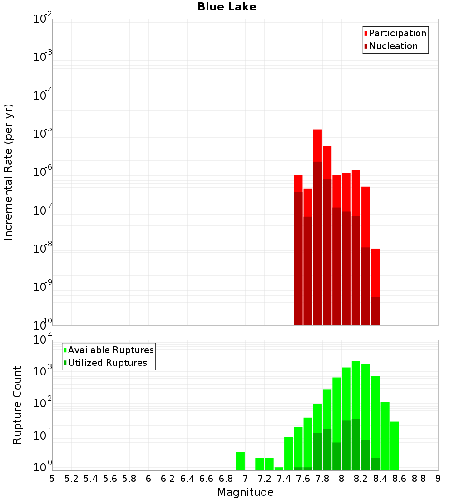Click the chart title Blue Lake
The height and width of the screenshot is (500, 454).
(227, 7)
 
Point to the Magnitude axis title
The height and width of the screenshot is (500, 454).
(245, 492)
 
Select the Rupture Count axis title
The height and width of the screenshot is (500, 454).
(17, 405)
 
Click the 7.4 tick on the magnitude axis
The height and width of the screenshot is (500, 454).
(284, 479)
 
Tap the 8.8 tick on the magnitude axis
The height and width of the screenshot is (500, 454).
(419, 479)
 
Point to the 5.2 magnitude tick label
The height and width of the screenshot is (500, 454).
(71, 479)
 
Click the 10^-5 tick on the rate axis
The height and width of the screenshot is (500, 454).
(42, 133)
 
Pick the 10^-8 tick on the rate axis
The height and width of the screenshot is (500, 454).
(42, 248)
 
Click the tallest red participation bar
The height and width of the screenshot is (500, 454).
(317, 145)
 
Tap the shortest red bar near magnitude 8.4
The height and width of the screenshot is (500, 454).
(375, 273)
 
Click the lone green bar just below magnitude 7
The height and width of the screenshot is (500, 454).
(240, 461)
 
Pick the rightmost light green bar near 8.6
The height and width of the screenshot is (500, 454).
(395, 445)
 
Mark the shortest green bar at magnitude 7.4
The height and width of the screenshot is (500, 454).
(279, 469)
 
